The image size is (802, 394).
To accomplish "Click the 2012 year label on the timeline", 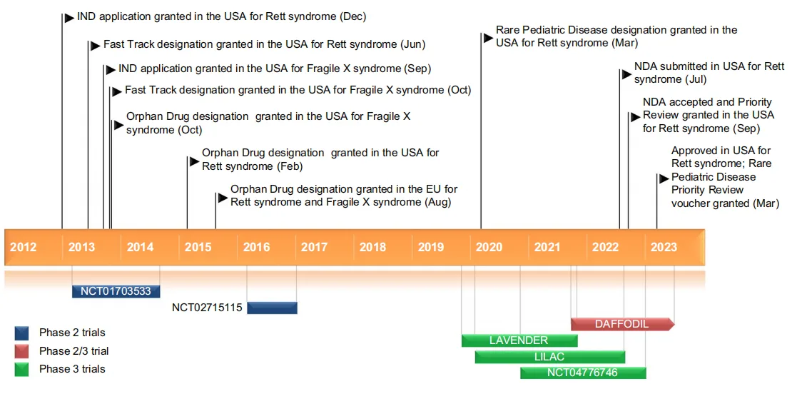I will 23,247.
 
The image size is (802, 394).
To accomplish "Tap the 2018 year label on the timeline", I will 372,247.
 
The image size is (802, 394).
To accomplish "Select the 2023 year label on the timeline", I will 664,247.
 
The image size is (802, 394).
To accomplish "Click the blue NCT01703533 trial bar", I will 116,291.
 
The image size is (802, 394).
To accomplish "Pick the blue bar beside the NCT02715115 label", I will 272,308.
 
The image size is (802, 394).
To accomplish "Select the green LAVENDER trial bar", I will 519,340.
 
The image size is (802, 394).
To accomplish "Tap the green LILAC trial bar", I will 549,356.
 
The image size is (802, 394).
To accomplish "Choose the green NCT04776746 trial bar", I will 582,373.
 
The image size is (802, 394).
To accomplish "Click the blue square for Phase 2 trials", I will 22,333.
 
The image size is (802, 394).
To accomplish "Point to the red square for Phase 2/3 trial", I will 22,350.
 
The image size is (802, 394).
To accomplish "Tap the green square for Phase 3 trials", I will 22,369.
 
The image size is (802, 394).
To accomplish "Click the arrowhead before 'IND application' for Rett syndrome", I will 68,17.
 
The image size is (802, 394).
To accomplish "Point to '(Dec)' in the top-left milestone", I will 352,16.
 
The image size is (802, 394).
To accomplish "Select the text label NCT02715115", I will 208,308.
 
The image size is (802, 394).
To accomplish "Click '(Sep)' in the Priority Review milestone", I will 746,128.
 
